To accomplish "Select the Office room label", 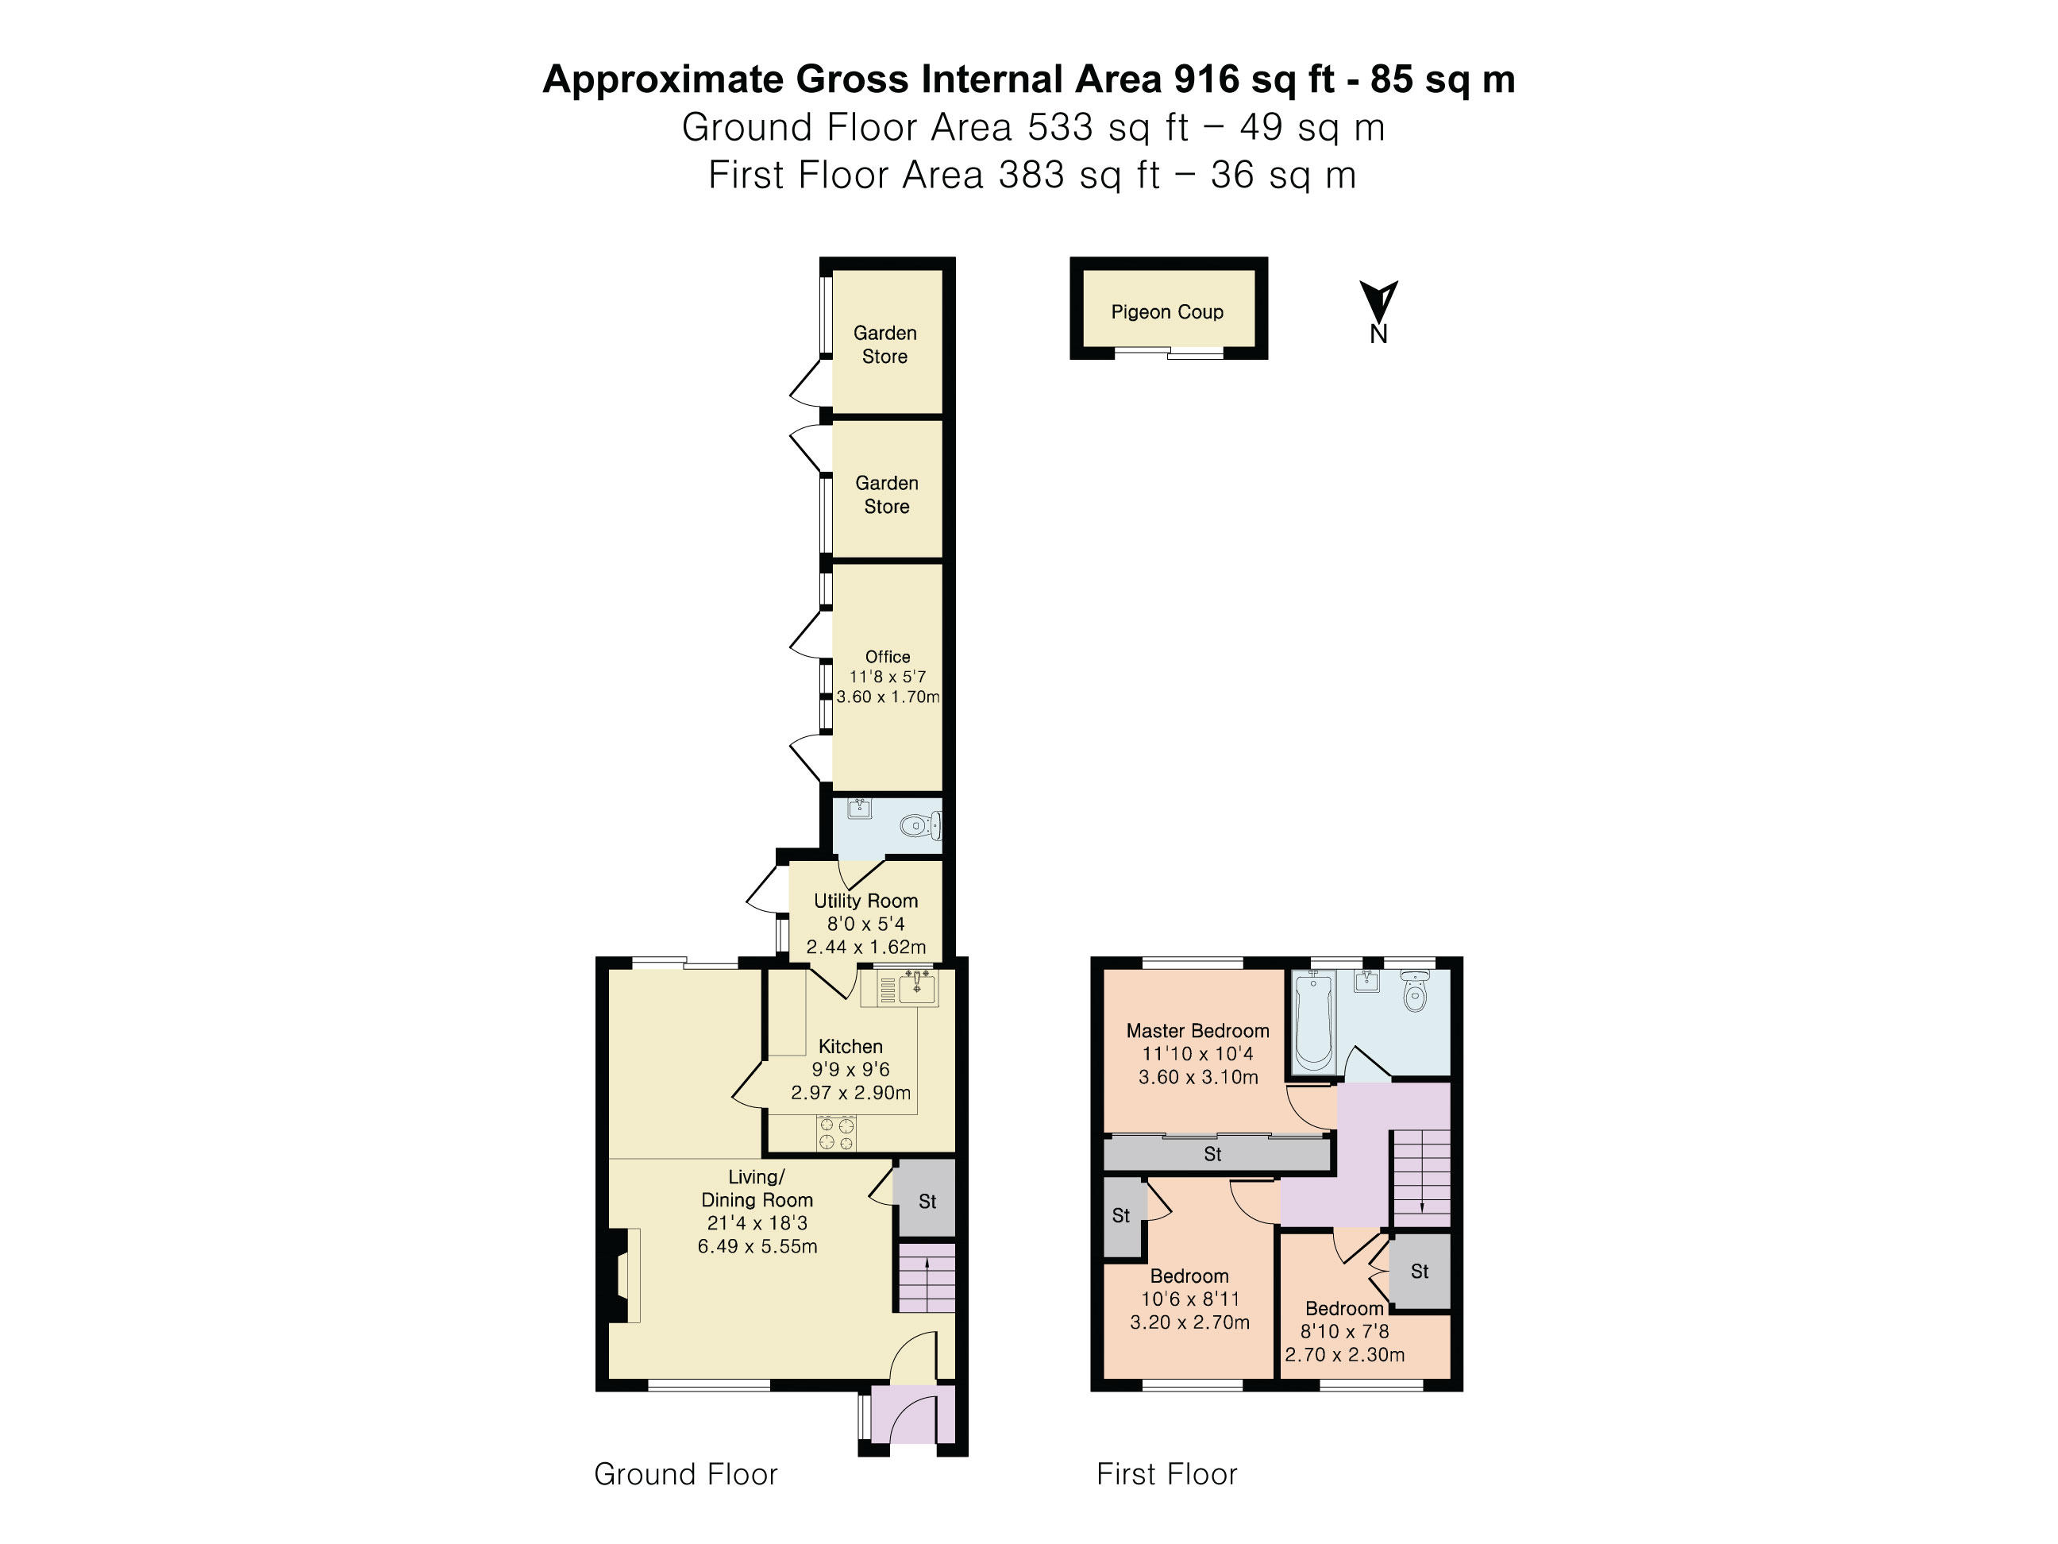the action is (x=888, y=656).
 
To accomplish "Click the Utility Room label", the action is (x=865, y=901).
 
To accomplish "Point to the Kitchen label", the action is (x=850, y=1046).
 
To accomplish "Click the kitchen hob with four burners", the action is (x=835, y=1133).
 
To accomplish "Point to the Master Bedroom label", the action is (x=1197, y=1030).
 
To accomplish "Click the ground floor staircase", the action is (x=927, y=1278).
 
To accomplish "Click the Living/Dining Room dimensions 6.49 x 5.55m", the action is (x=757, y=1246).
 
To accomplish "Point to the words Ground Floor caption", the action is (x=686, y=1474).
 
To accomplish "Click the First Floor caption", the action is (x=1166, y=1474).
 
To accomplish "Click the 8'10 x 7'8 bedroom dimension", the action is (x=1344, y=1331).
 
